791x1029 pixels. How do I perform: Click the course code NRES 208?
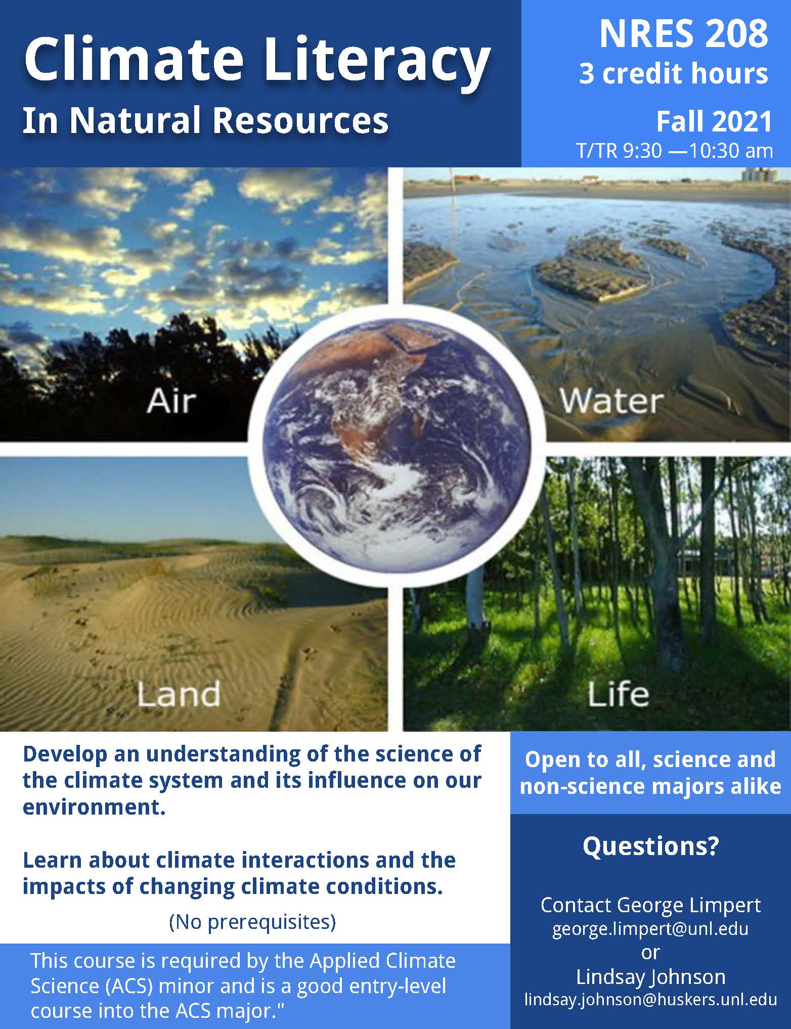point(684,34)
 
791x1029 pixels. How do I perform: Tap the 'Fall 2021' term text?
point(714,121)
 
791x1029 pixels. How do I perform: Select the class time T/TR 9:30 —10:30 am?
point(675,151)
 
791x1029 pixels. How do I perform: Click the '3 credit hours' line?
point(673,74)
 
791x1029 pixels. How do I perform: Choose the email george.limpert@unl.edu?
point(650,928)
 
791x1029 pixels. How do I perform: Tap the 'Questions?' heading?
point(650,845)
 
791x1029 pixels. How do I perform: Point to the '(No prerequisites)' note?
point(252,922)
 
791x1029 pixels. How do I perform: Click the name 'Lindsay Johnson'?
point(650,976)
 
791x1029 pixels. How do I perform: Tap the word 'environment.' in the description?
point(94,807)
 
